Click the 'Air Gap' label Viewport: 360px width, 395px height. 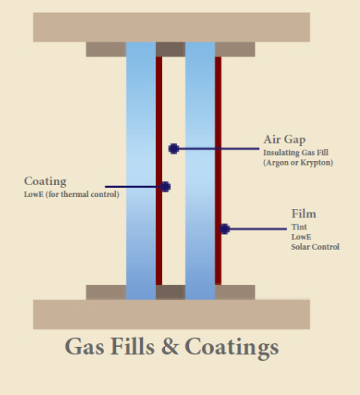(x=285, y=140)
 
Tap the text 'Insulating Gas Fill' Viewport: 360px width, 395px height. (x=296, y=153)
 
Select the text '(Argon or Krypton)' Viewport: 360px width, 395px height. (x=298, y=163)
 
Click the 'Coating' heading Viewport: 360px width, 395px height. (x=45, y=181)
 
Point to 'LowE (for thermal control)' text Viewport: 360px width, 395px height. (x=72, y=194)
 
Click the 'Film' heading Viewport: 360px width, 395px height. (x=304, y=214)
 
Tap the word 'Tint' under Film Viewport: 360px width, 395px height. (x=299, y=227)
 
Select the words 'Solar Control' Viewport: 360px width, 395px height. (x=316, y=247)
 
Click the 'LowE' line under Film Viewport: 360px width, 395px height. (x=301, y=237)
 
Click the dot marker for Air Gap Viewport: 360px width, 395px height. (x=174, y=149)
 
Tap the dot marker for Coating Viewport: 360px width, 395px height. (x=165, y=187)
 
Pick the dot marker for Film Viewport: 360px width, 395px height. (x=224, y=229)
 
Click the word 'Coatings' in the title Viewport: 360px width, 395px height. (x=232, y=348)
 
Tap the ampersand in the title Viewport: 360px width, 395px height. (x=170, y=347)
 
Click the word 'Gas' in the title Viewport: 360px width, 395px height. (x=84, y=347)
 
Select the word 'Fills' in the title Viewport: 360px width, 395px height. (x=133, y=346)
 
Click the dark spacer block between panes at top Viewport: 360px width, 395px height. (x=170, y=49)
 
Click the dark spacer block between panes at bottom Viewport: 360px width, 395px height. (x=170, y=293)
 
